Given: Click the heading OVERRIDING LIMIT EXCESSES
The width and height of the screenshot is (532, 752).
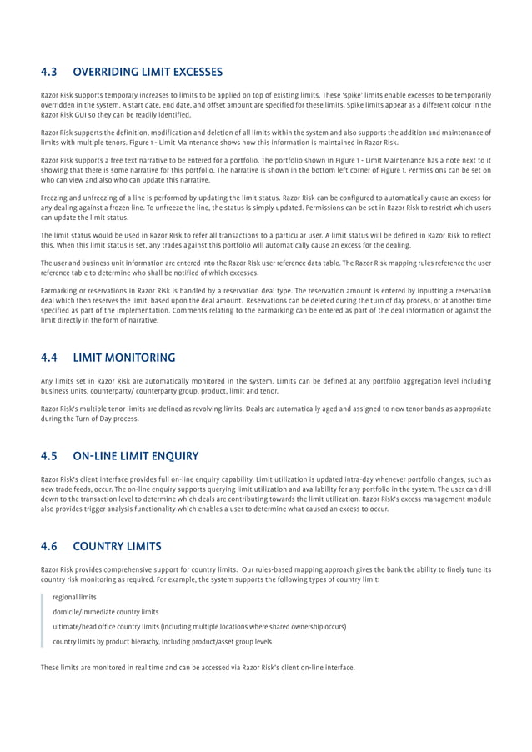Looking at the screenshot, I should coord(148,71).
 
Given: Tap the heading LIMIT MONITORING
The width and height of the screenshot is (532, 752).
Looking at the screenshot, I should coord(124,358).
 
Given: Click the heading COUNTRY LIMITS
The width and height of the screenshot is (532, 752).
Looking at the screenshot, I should coord(117,547).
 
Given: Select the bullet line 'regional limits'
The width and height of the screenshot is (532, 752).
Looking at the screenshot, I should coord(74,598).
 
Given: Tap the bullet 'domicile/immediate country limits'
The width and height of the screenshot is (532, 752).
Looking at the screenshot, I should coord(105,612).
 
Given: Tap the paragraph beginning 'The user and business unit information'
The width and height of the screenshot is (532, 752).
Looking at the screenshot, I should coord(266,268).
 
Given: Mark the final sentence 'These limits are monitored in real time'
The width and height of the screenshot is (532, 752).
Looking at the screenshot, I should coord(198,668).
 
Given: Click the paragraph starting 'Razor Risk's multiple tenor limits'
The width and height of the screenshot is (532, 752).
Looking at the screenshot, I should coord(266,414).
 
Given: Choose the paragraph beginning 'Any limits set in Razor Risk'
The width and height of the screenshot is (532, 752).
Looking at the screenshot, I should coord(266,386).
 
